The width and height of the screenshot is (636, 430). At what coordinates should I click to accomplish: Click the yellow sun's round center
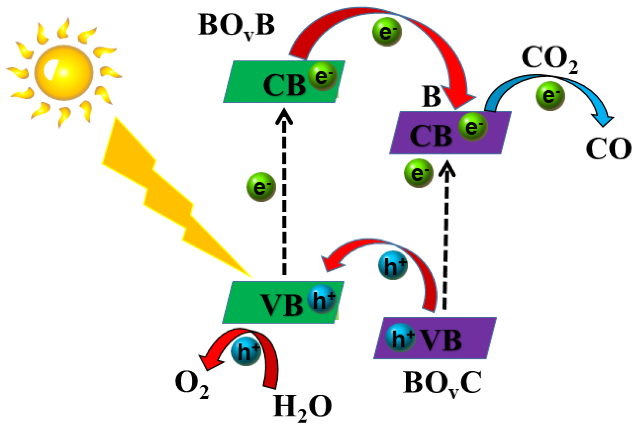point(64,73)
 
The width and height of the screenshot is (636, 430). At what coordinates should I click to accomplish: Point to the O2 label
point(191,383)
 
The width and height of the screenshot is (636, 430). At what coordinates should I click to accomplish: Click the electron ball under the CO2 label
point(550,96)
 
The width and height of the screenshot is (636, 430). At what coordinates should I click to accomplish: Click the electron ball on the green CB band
point(323,76)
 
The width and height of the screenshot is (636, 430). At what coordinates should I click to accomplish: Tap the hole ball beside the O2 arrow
point(246,351)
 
